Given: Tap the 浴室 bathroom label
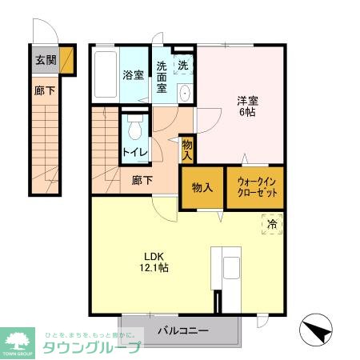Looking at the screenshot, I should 133,76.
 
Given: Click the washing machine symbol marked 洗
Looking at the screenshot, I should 183,65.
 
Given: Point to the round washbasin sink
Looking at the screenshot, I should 186,92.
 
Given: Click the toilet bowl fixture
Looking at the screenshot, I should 134,127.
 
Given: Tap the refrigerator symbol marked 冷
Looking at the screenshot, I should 272,225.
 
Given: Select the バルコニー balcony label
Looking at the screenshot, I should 182,330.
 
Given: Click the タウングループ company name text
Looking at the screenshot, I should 91,346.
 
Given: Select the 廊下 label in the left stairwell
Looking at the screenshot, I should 45,91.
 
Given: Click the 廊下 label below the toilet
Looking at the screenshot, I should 142,181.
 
